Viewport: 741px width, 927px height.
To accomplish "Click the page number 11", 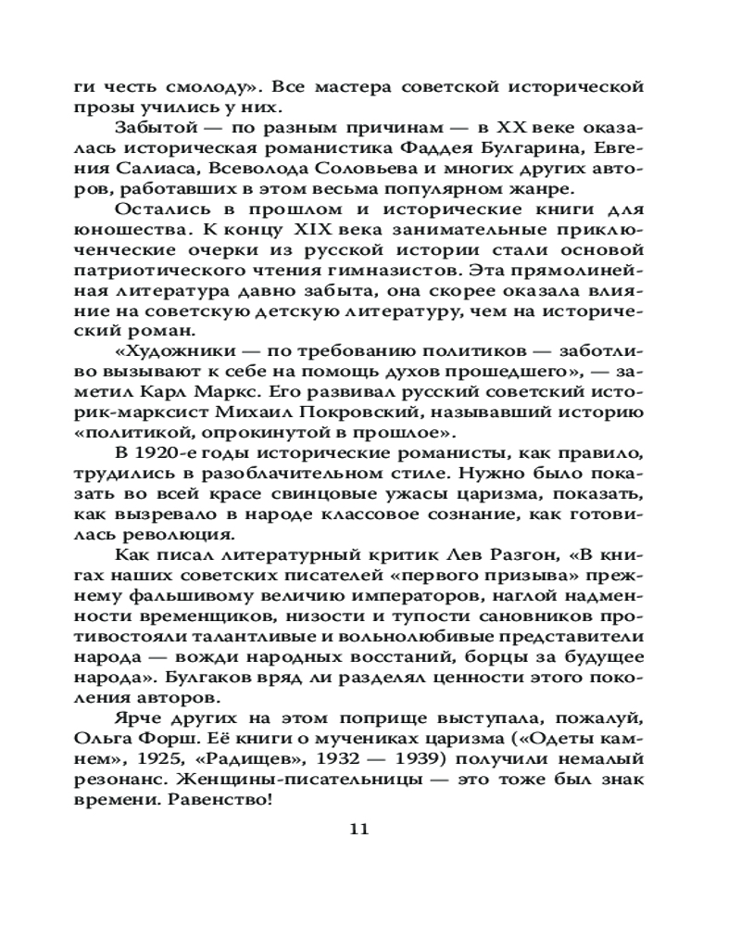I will (x=359, y=828).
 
